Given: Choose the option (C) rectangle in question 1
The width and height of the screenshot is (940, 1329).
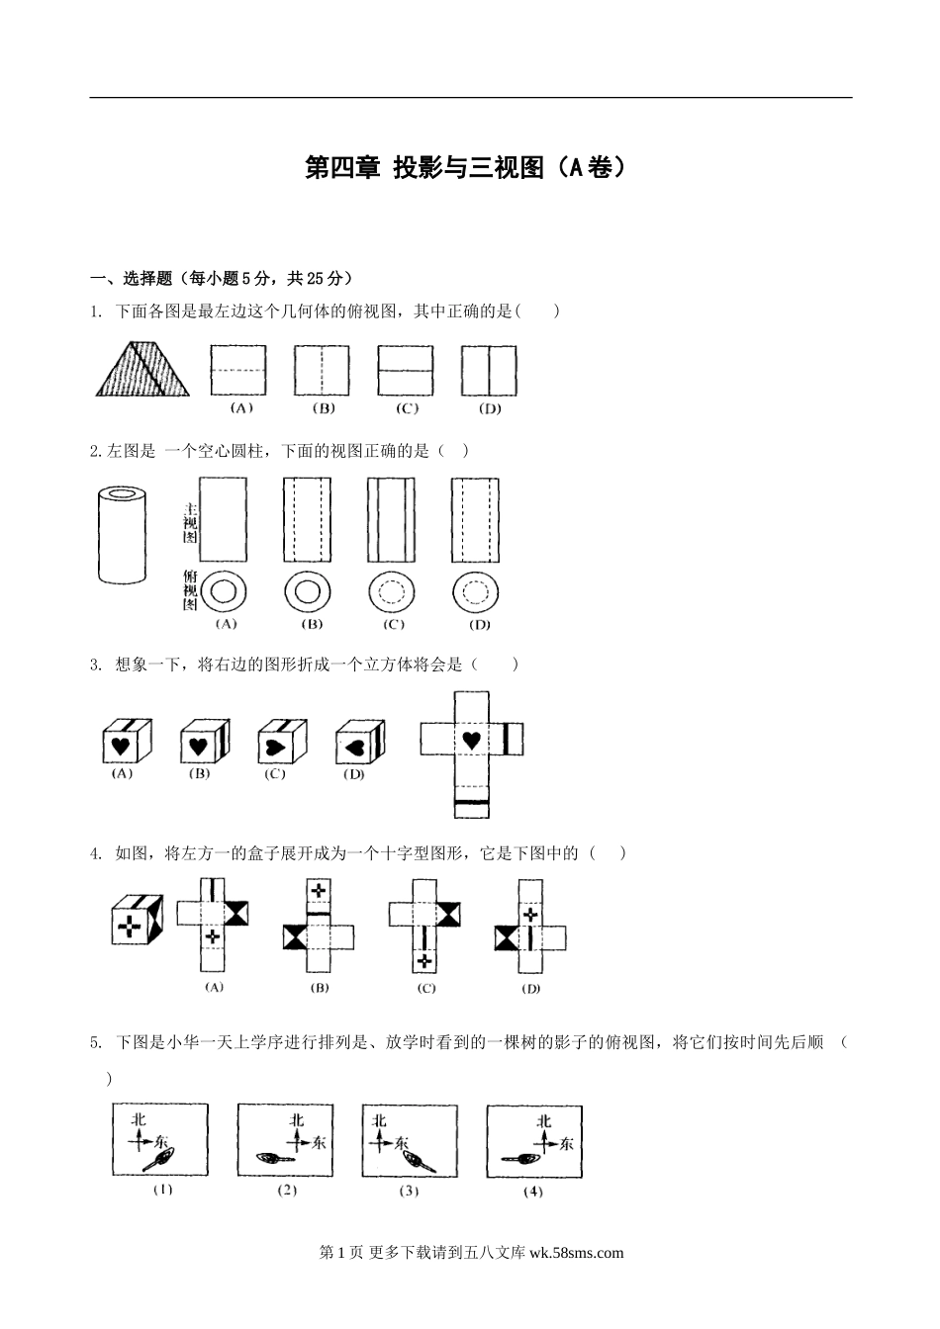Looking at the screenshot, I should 406,371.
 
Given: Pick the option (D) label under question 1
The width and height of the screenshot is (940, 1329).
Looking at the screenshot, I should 489,408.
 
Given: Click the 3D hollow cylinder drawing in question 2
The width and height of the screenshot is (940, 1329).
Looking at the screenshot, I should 123,534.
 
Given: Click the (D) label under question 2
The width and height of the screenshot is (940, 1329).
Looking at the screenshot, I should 477,625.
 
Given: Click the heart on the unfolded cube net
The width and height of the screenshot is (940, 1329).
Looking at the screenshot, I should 471,740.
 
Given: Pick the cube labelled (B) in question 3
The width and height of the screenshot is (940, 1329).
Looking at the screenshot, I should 204,742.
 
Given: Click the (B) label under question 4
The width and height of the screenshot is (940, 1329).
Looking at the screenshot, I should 319,988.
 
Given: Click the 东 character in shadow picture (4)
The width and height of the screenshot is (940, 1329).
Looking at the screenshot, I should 565,1144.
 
